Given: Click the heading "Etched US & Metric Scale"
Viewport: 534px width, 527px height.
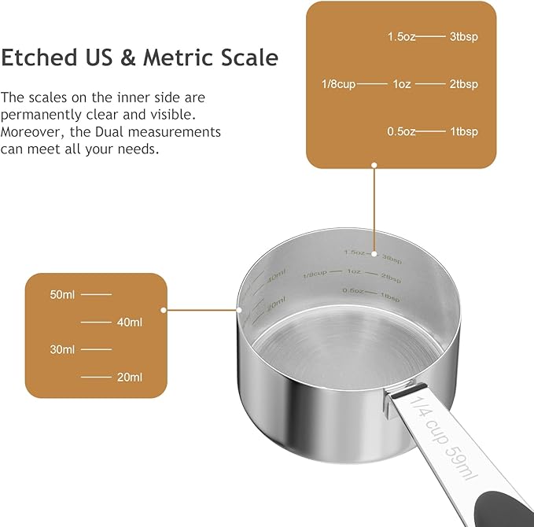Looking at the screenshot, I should tap(139, 58).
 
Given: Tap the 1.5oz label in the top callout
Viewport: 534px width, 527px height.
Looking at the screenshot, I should tap(401, 36).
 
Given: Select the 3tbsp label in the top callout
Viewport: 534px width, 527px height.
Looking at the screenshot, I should tap(463, 36).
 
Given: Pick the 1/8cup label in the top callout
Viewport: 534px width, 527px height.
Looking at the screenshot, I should tap(339, 84).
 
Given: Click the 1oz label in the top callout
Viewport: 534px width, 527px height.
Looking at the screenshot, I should tap(401, 84).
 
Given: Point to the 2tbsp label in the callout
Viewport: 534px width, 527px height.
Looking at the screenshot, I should tap(463, 84).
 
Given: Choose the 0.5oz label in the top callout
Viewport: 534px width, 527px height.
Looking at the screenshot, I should tap(401, 131).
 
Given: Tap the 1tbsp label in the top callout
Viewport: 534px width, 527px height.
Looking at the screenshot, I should tap(463, 131).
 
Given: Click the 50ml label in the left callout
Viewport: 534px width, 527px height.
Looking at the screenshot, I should tap(62, 294).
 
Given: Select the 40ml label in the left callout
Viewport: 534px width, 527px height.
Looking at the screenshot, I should tap(130, 322).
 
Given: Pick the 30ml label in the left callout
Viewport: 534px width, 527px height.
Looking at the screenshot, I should tap(62, 349).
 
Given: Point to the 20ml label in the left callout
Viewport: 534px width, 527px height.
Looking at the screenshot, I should tap(130, 377).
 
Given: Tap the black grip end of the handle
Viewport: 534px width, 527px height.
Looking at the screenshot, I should tap(503, 503).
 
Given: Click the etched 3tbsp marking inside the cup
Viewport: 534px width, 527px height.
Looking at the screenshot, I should tap(392, 256).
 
